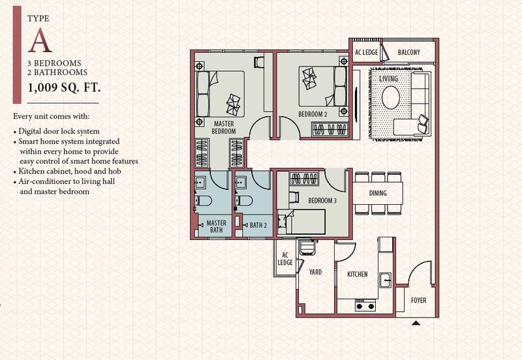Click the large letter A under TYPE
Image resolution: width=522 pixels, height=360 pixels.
pos(40,40)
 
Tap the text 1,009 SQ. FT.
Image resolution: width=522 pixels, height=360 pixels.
pos(64,87)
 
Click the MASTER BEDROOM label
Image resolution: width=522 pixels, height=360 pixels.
pos(224,127)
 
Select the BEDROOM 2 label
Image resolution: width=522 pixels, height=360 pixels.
pos(313,114)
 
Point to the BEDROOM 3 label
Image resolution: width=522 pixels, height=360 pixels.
pos(322,201)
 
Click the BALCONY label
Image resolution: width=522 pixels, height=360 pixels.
pos(409,52)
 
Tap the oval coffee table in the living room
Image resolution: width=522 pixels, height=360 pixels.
pos(391,98)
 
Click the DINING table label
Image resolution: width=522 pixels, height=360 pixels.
pos(378,193)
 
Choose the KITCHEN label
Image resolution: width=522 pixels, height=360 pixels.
pos(357,274)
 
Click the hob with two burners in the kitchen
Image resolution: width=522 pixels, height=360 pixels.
pos(365,305)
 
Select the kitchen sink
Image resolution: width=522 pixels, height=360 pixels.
pos(386,280)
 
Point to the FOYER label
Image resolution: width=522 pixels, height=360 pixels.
pos(418,301)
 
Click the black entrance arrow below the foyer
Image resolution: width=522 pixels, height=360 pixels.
pos(416,323)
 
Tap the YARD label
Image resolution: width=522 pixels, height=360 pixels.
pos(315,272)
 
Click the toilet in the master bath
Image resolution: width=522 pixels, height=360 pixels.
pos(203,201)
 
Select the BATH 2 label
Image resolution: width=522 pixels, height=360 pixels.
pos(258,225)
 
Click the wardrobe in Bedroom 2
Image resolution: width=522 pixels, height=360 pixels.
pos(330,129)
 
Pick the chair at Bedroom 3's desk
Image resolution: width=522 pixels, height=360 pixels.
pos(294,198)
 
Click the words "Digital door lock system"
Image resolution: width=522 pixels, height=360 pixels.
pos(59,132)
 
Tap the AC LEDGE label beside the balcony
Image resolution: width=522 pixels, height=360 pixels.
pos(366,52)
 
